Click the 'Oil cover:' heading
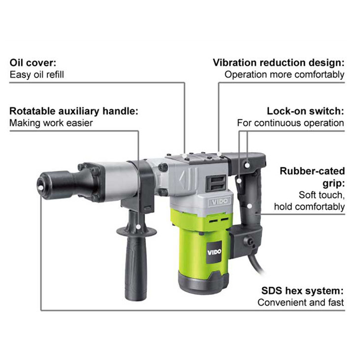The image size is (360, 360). pyautogui.click(x=33, y=63)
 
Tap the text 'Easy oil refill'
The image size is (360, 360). pyautogui.click(x=37, y=75)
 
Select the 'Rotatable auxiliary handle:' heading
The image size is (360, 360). pyautogui.click(x=74, y=111)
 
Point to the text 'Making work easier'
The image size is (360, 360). pyautogui.click(x=51, y=123)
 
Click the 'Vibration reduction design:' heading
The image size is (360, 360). pyautogui.click(x=279, y=63)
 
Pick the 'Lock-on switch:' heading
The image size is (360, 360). pyautogui.click(x=306, y=111)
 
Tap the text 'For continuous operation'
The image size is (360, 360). pyautogui.click(x=291, y=123)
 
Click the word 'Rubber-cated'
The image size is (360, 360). pyautogui.click(x=312, y=171)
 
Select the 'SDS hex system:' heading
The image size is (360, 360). pyautogui.click(x=302, y=291)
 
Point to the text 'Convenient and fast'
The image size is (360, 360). pyautogui.click(x=301, y=302)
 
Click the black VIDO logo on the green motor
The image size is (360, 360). pyautogui.click(x=214, y=252)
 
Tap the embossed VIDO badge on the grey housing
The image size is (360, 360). pyautogui.click(x=220, y=202)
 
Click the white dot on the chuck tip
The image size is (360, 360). pyautogui.click(x=41, y=188)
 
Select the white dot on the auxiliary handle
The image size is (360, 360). pyautogui.click(x=138, y=227)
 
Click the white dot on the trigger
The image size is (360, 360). pyautogui.click(x=239, y=181)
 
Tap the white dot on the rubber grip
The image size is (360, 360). pyautogui.click(x=250, y=206)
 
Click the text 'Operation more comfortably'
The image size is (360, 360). pyautogui.click(x=284, y=75)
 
